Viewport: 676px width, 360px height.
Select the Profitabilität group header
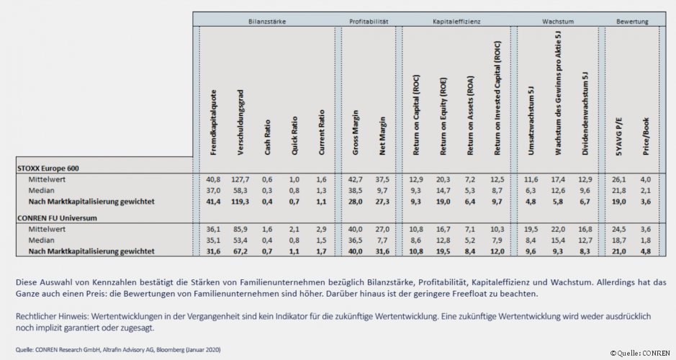(x=369, y=22)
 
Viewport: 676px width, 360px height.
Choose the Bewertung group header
(x=632, y=22)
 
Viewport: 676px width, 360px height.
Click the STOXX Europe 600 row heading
(x=48, y=168)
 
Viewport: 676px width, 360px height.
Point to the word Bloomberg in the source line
(x=171, y=349)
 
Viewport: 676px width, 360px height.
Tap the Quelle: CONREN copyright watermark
(x=641, y=353)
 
